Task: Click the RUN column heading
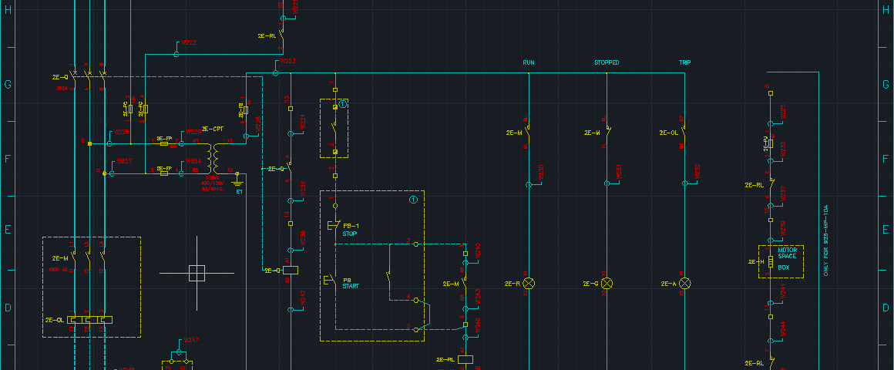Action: [529, 62]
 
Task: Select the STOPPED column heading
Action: [607, 62]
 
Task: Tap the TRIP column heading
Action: [684, 62]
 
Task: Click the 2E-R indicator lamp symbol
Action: [529, 284]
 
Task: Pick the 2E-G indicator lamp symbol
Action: [607, 284]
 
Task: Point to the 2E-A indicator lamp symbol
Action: [684, 284]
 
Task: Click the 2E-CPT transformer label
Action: [212, 129]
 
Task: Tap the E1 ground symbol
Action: [238, 185]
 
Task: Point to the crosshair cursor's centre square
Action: [197, 273]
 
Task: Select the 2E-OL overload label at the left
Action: [54, 319]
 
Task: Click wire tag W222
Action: [189, 42]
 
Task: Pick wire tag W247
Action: [191, 340]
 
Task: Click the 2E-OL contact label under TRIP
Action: [667, 133]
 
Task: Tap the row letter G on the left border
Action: [8, 85]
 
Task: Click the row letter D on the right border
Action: [885, 308]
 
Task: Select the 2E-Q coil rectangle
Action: [291, 270]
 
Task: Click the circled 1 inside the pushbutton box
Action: [413, 200]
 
